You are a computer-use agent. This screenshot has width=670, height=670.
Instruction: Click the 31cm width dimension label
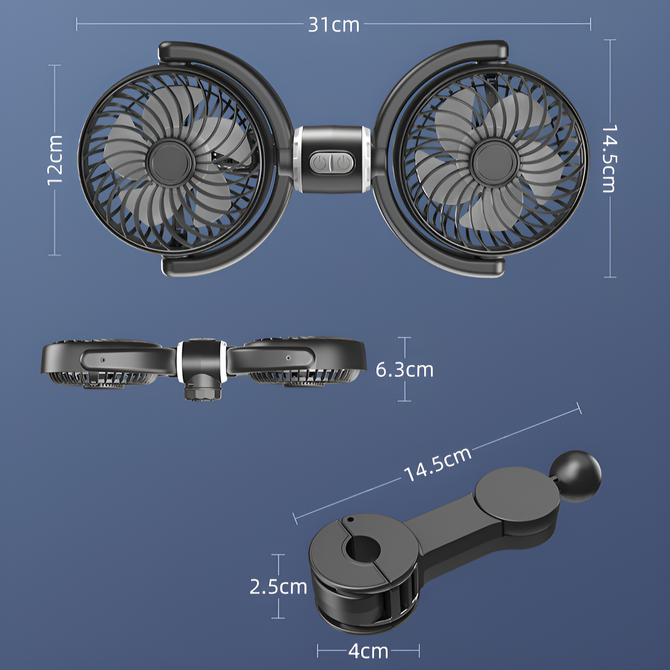[x=334, y=25]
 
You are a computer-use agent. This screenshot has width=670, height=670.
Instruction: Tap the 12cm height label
[x=55, y=160]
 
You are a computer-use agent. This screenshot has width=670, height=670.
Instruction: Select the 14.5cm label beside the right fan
[x=609, y=158]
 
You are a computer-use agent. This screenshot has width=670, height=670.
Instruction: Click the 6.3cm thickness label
[x=405, y=370]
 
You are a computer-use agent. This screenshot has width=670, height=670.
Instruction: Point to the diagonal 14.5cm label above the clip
[x=437, y=464]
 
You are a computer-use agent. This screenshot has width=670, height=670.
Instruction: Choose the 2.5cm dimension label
[x=278, y=587]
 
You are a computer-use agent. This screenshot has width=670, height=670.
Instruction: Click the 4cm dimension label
[x=368, y=651]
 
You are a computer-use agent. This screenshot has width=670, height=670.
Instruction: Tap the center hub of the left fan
[x=170, y=162]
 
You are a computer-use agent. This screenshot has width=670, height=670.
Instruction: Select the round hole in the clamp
[x=363, y=548]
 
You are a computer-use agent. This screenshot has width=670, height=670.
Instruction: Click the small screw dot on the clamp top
[x=350, y=519]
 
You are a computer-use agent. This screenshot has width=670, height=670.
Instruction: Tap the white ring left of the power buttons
[x=298, y=160]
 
